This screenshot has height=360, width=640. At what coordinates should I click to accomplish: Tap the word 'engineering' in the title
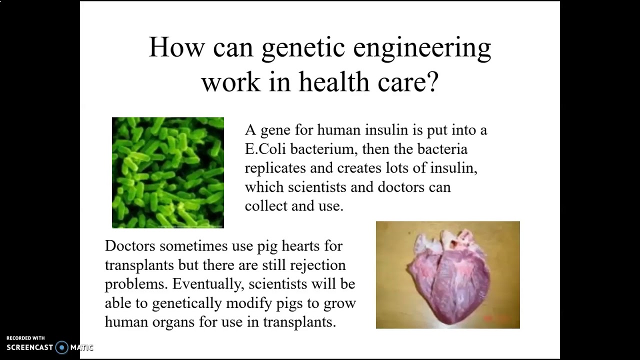[422, 48]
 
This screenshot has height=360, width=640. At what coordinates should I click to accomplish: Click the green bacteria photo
[168, 172]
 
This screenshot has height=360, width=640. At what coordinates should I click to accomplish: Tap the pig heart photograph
[447, 275]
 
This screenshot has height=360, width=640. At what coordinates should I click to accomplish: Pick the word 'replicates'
[275, 168]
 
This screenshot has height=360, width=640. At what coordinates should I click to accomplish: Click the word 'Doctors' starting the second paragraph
[130, 246]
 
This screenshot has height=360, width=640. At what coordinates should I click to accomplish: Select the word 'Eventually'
[207, 284]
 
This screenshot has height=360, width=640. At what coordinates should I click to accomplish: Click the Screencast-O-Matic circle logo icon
[61, 347]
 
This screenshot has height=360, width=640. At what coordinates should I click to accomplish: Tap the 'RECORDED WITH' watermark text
[25, 338]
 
